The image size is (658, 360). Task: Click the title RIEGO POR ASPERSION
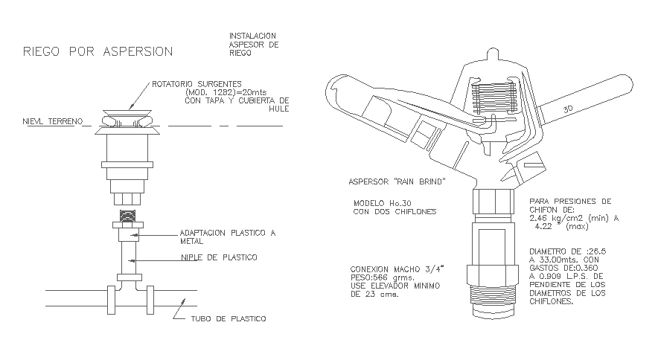tap(98, 51)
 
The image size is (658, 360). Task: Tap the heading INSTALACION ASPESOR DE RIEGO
tap(253, 44)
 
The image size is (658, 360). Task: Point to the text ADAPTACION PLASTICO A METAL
tap(227, 237)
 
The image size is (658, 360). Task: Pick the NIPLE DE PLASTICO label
tap(220, 257)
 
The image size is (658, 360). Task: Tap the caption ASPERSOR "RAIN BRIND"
tap(397, 181)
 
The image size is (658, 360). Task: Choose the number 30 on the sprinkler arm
tap(568, 109)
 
